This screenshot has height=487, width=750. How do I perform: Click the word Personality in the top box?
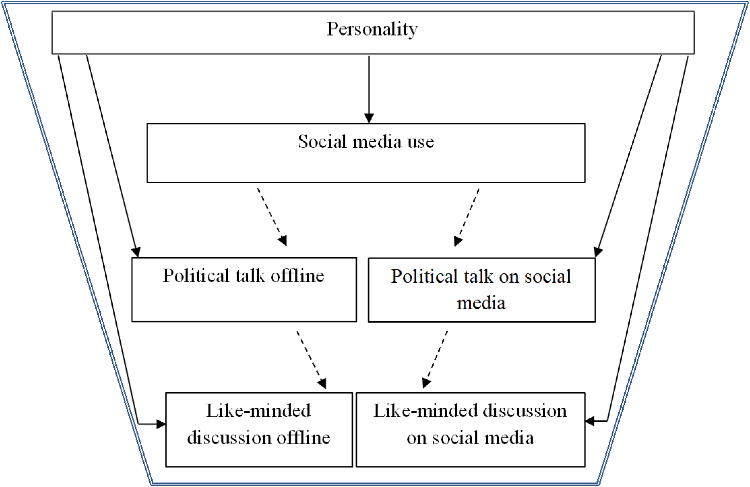point(372,29)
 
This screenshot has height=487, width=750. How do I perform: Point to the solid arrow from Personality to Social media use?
point(369,89)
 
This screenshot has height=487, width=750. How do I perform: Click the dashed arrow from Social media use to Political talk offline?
point(272,217)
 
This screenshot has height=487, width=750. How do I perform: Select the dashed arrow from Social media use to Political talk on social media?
point(467,217)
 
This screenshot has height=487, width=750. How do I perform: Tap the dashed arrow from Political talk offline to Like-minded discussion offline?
point(311,360)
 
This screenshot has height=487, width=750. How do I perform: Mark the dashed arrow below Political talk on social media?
point(434,360)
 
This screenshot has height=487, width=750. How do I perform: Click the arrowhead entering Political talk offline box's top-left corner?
point(136,252)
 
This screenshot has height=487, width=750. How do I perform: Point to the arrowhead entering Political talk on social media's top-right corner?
point(598,252)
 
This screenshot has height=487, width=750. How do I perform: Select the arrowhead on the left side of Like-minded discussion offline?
point(161,424)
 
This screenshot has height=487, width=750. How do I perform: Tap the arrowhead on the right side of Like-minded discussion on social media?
point(589,421)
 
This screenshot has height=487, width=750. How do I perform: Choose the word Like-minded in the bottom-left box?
point(258,410)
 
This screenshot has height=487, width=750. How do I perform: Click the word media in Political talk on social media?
point(481,303)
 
